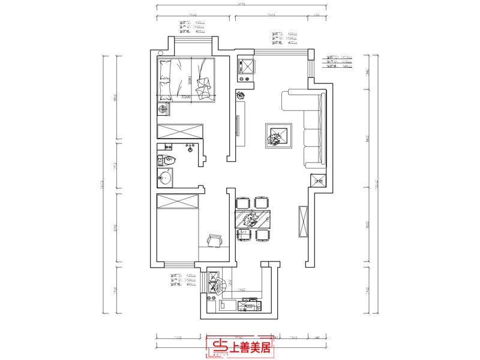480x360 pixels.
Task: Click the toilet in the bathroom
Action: click(167, 160)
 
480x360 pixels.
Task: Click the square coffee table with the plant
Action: click(278, 136)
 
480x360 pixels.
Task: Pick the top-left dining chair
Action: click(242, 203)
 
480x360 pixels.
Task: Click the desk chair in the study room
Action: click(215, 241)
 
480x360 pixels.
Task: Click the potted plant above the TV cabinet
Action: click(241, 95)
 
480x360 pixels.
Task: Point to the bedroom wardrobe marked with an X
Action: click(180, 131)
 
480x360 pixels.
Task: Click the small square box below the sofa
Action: click(318, 179)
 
